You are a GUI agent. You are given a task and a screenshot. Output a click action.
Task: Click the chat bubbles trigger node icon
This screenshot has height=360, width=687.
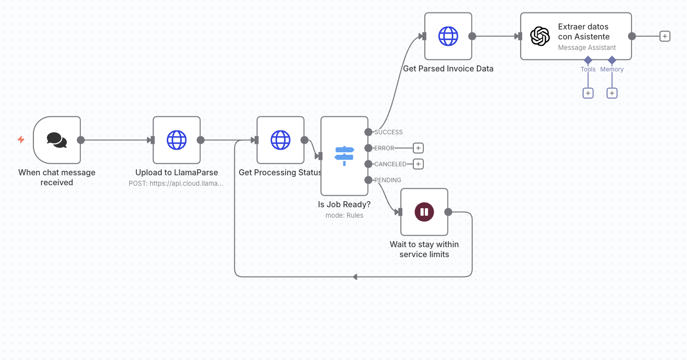coord(57,140)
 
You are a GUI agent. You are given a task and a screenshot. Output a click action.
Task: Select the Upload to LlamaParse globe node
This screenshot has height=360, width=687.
coord(176,140)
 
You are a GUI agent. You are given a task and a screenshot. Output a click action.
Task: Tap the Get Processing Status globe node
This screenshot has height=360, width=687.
coord(280,140)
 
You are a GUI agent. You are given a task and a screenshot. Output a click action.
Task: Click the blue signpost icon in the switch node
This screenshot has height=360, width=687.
coord(344,156)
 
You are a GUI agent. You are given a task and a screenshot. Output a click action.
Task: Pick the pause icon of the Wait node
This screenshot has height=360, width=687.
coord(424,212)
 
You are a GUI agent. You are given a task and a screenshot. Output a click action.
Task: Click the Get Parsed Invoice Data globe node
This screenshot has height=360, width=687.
coord(448,36)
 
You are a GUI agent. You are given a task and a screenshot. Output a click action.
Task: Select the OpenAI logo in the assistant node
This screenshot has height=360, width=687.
coord(540,36)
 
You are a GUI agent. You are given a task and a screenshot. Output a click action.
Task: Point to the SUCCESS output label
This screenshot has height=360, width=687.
coord(388,132)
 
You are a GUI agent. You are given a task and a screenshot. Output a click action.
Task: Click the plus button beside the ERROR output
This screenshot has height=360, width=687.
coord(418,148)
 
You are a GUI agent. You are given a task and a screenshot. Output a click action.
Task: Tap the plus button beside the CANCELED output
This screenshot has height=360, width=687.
coord(418,164)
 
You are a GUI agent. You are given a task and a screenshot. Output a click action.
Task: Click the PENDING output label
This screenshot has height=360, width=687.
coord(387,180)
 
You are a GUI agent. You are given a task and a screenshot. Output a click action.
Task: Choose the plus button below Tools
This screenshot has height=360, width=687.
coord(588,93)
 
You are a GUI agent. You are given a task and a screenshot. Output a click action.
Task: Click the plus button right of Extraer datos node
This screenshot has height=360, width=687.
coord(665,36)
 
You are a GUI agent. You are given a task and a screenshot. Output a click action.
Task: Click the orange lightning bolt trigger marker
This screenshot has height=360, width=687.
coord(21,140)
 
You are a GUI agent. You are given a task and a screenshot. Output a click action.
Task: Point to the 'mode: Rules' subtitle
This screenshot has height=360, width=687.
coord(344,216)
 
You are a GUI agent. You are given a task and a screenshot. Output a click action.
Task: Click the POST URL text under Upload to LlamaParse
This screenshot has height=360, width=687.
coord(176,183)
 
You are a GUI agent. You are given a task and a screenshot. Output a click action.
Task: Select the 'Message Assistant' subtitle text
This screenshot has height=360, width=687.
coord(587,48)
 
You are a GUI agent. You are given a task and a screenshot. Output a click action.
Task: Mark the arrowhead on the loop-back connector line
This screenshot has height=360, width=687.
coord(355,277)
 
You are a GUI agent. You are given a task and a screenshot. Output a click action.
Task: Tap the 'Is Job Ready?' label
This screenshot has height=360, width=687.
coord(344,205)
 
